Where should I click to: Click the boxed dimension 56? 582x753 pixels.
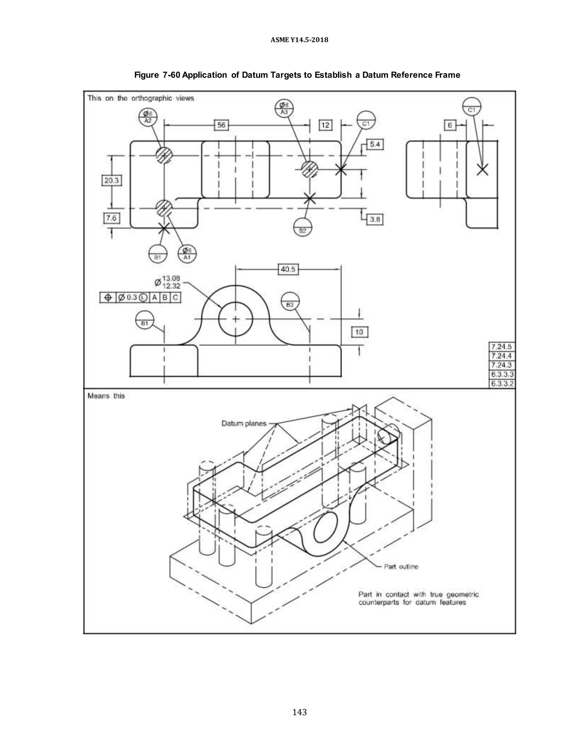[221, 125]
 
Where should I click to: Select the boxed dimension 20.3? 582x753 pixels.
[111, 180]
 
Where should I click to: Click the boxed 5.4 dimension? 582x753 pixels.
[375, 144]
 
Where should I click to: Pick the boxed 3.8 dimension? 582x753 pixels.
[375, 219]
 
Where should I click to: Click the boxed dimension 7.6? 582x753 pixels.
[111, 218]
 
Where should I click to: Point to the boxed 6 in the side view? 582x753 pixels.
[450, 125]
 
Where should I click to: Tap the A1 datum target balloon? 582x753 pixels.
[187, 254]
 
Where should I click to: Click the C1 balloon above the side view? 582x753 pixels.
[472, 107]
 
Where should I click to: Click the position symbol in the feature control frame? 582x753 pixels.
[108, 298]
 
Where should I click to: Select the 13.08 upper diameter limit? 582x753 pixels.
[171, 278]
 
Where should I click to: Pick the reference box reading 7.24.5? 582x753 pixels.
[502, 346]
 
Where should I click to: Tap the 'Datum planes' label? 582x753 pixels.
[244, 423]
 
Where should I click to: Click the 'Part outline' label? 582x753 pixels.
[401, 567]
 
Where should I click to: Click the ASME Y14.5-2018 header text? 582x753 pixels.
[299, 40]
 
